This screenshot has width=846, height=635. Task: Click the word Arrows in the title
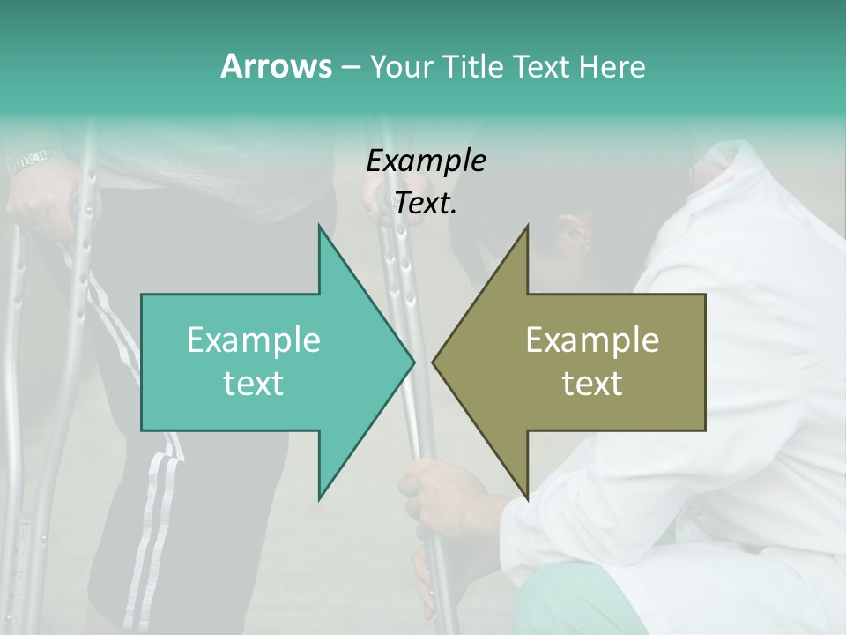(x=275, y=66)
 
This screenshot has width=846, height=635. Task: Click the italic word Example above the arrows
(x=426, y=161)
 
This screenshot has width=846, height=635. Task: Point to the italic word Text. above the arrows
(x=426, y=203)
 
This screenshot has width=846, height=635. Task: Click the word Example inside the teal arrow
(x=254, y=340)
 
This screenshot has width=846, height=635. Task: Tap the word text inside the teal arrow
(x=254, y=384)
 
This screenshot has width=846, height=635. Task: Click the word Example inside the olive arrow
(x=592, y=340)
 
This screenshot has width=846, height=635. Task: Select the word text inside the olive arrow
(x=592, y=384)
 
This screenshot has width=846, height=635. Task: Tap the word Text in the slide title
(x=541, y=67)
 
